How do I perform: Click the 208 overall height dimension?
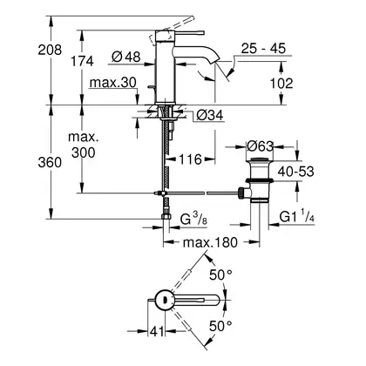[50, 50]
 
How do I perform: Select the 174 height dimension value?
[83, 61]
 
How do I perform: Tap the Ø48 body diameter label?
[126, 57]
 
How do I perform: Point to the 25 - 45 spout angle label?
[263, 48]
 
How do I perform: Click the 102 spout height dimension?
[281, 84]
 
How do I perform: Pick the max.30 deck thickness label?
[112, 83]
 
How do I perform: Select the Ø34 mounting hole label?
[210, 115]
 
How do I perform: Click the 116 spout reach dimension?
[190, 159]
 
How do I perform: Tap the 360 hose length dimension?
[50, 162]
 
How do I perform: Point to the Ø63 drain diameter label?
[260, 146]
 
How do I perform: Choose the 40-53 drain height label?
[295, 172]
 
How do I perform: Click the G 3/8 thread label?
[193, 219]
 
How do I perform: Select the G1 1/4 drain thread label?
[297, 217]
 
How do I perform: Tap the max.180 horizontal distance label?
[210, 242]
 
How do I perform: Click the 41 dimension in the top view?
[157, 331]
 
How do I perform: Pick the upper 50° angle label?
[220, 274]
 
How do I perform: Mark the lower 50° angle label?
[220, 326]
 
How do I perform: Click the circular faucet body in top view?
[164, 300]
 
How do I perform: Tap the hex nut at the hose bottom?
[166, 217]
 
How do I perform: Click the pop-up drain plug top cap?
[260, 159]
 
